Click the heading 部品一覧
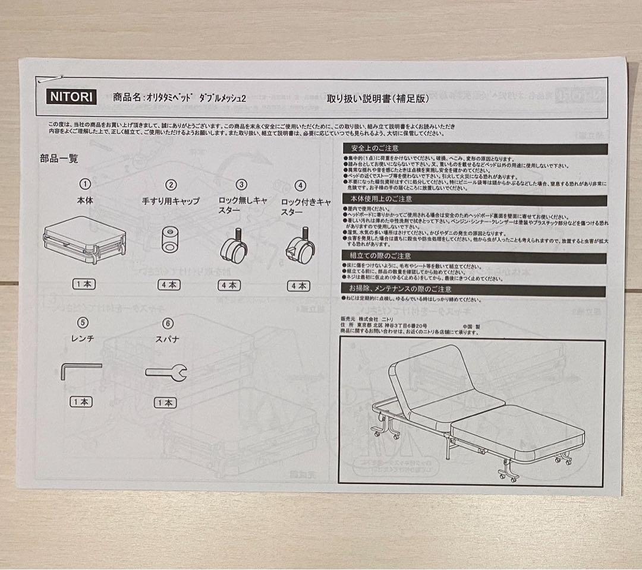point(59,159)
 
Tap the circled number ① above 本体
point(85,184)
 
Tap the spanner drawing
point(166,372)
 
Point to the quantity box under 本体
point(84,284)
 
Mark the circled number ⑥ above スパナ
point(168,323)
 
